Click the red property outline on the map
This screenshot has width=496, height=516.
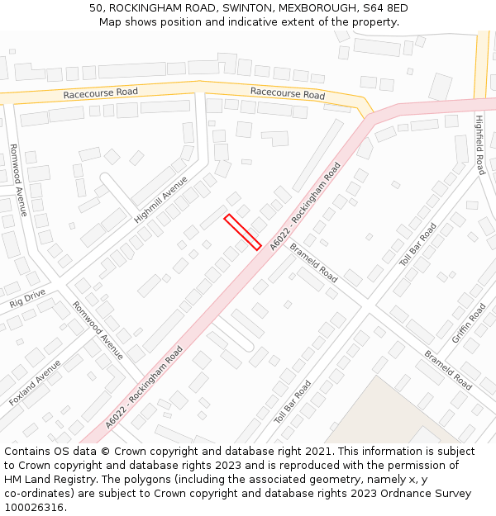pos(243,232)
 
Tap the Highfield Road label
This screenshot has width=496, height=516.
pos(479,144)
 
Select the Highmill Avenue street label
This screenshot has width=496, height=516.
pos(161,199)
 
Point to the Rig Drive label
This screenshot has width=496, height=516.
pos(27,297)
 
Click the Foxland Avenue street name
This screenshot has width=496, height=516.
pos(35,381)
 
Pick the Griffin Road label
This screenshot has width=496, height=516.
pos(469,324)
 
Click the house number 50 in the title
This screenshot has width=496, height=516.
pos(96,8)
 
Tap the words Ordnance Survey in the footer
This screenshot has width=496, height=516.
pos(430,494)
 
